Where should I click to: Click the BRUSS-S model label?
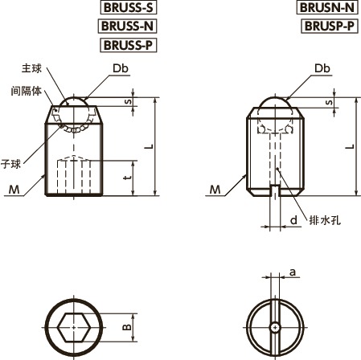click(x=127, y=8)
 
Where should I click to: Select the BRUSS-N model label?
click(x=127, y=26)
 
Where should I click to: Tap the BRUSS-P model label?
click(x=127, y=44)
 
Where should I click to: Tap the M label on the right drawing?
click(x=215, y=190)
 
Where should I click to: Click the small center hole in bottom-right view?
click(x=275, y=328)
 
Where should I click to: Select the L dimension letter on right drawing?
click(x=347, y=146)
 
